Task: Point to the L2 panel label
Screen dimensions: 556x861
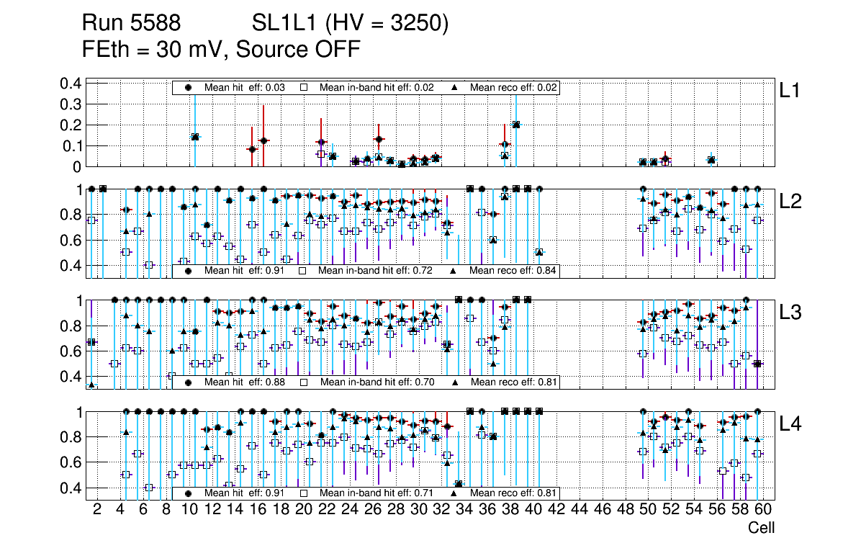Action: (790, 201)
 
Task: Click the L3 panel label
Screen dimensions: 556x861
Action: (790, 312)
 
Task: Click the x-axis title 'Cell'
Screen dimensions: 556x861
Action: (761, 528)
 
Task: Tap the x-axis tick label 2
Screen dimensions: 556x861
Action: (97, 511)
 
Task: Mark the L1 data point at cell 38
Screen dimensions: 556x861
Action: (515, 125)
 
